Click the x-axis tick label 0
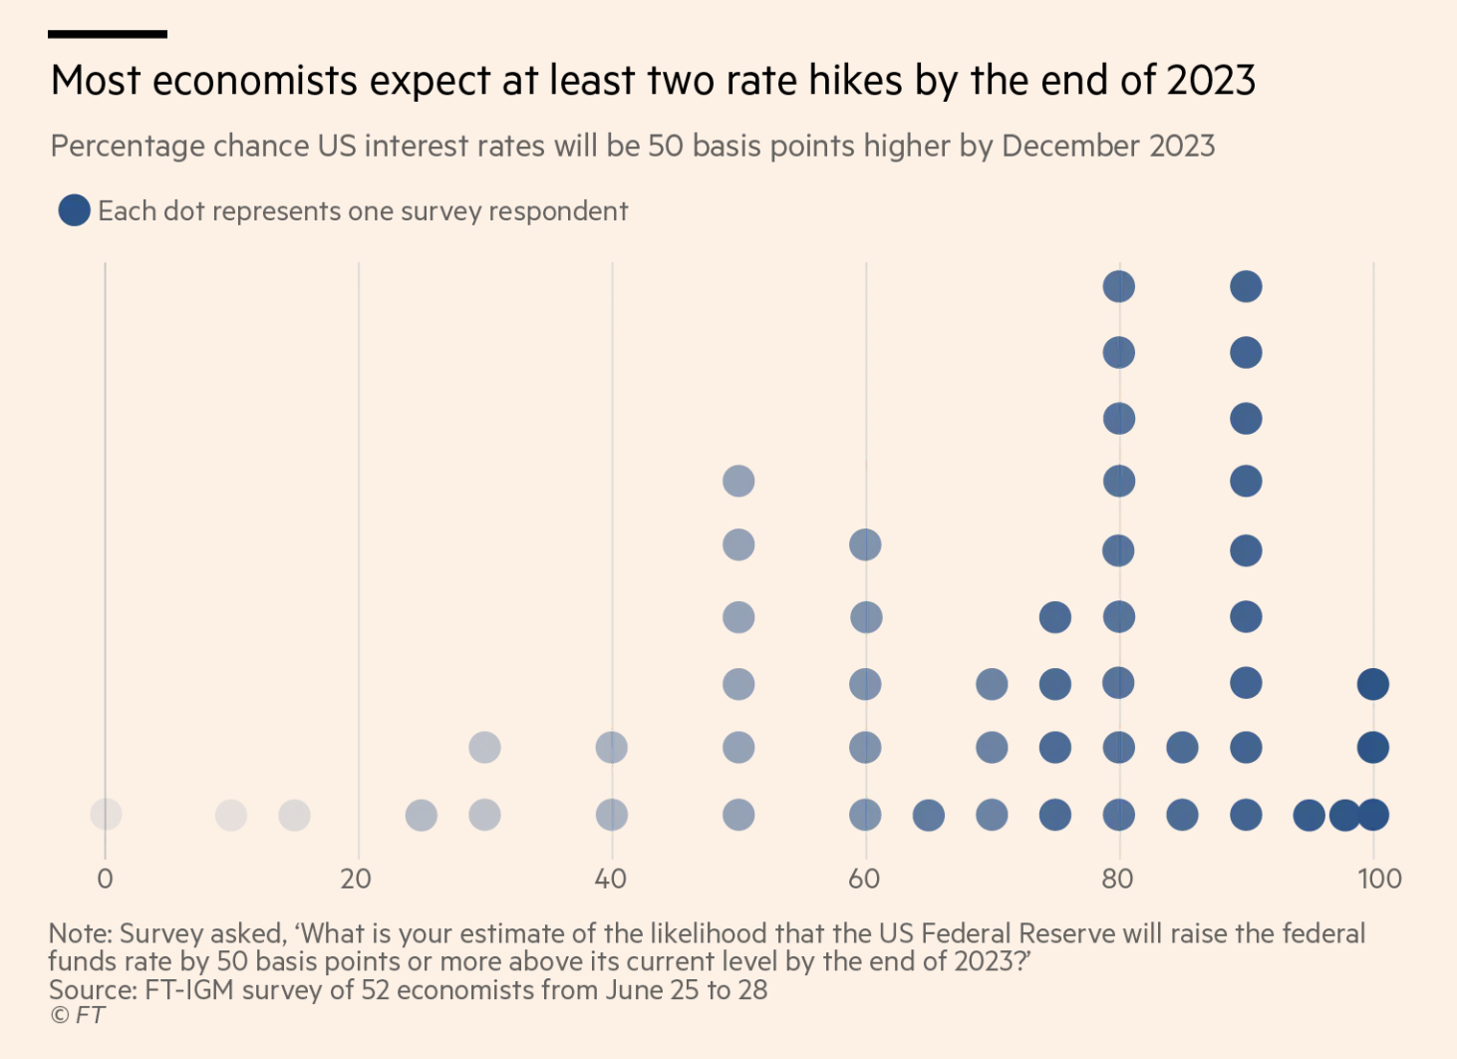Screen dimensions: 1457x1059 105,880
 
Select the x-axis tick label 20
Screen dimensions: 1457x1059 356,880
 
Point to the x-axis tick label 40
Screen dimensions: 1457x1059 610,880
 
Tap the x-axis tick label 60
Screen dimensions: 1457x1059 864,880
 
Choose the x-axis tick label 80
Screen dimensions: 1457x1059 1117,880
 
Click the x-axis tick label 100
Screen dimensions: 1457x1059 1379,880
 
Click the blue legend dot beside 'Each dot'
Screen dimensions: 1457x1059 74,210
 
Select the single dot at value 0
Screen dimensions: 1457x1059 106,815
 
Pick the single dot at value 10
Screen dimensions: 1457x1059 231,815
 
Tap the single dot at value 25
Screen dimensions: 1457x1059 422,815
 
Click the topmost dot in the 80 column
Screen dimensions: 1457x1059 1119,286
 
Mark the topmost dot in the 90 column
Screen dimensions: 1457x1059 1247,286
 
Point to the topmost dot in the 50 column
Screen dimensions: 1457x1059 738,481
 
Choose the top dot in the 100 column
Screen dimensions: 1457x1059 1373,684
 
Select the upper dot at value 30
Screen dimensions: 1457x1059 484,747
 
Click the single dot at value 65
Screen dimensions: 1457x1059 929,815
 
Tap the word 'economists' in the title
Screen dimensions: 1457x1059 255,80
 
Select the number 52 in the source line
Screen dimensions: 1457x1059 376,990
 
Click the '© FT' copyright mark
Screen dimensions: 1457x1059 77,1015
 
